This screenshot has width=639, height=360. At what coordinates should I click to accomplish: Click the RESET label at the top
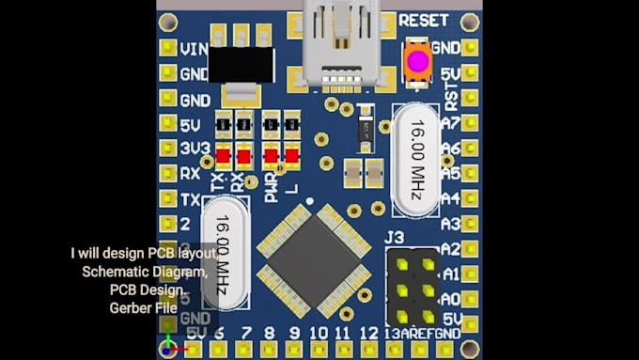[x=423, y=20]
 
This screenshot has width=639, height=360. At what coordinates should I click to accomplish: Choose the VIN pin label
[x=194, y=48]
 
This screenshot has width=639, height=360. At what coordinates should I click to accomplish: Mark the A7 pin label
[x=450, y=122]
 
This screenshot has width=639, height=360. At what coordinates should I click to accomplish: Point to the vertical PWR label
[x=272, y=186]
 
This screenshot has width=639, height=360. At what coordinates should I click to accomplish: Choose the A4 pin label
[x=450, y=199]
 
